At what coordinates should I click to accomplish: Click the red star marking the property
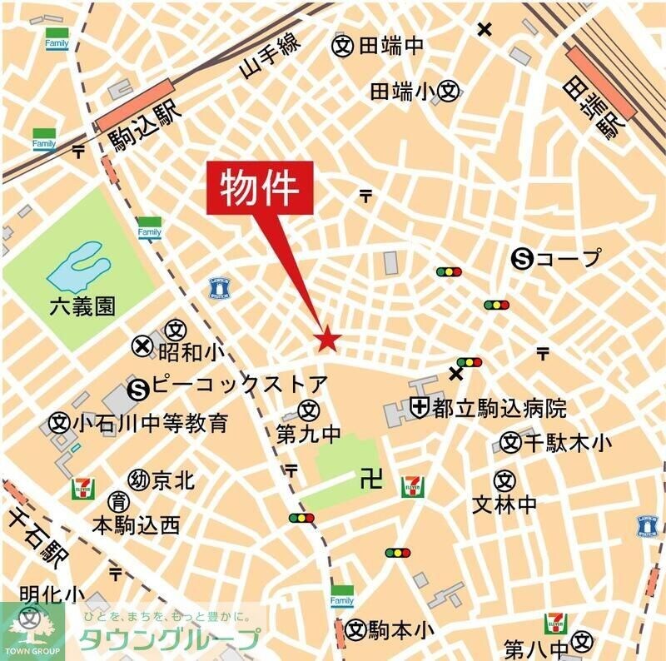[328, 339]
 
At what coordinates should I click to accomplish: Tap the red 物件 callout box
[259, 189]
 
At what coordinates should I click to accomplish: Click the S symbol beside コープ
[523, 258]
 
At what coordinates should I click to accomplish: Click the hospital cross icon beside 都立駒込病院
[420, 408]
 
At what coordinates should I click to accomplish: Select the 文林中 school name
[504, 504]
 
